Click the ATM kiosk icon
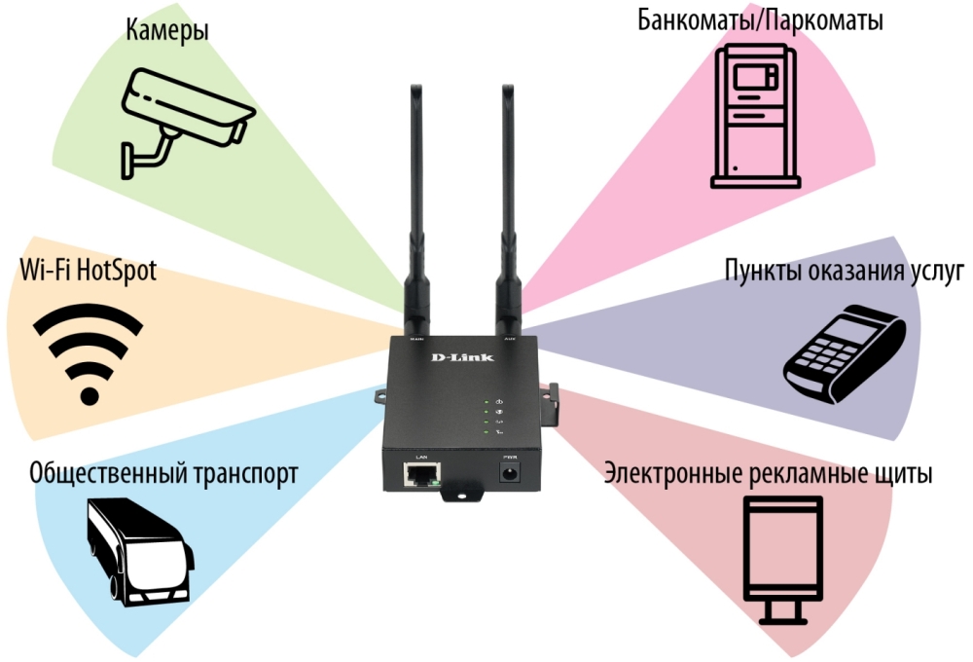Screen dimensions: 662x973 (x=755, y=117)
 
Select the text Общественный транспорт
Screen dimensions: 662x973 (x=163, y=474)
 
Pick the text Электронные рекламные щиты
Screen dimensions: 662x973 (x=769, y=474)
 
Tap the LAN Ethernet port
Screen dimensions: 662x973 (x=422, y=474)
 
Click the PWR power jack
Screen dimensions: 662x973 (x=508, y=474)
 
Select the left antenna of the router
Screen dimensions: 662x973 (x=415, y=209)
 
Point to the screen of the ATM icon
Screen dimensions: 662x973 (x=754, y=77)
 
